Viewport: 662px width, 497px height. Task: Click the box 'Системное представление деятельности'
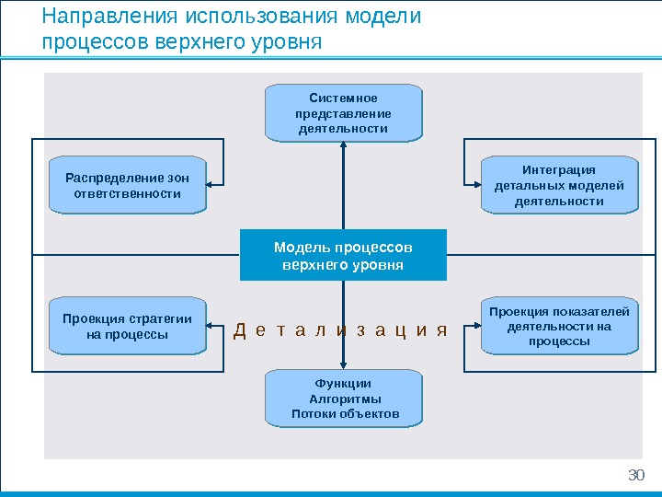click(343, 112)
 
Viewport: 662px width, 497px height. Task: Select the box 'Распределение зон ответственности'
click(127, 185)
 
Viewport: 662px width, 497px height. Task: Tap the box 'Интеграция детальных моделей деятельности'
click(559, 185)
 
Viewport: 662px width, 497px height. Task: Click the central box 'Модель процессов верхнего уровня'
click(343, 255)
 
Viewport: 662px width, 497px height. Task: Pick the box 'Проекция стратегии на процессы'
click(127, 326)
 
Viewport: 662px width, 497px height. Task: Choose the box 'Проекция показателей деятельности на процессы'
click(559, 326)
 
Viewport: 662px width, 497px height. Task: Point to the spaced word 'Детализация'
click(340, 330)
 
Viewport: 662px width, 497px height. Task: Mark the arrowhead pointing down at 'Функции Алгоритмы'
click(343, 364)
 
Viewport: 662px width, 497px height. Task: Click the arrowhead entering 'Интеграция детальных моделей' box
click(475, 185)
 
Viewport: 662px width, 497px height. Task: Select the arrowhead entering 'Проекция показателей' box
click(475, 326)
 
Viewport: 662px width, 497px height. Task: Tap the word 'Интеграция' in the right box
click(559, 169)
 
